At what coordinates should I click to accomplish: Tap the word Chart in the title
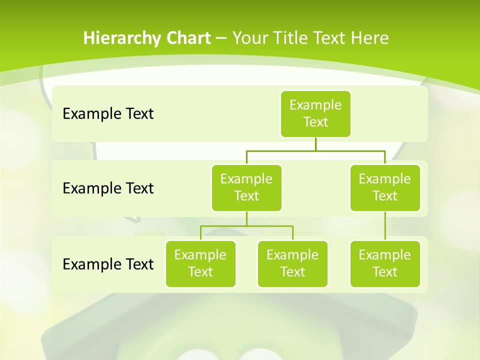[186, 38]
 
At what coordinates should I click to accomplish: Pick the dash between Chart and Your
[221, 38]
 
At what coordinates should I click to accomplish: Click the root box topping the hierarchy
[315, 113]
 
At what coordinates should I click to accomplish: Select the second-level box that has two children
[246, 187]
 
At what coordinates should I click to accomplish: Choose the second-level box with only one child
[385, 187]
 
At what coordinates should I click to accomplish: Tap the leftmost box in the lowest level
[200, 263]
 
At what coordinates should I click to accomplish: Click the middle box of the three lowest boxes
[292, 263]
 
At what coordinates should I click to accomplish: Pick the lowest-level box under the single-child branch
[385, 263]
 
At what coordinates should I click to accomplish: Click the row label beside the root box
[108, 113]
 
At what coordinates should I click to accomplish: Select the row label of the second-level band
[108, 188]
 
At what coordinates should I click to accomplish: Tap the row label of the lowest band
[108, 264]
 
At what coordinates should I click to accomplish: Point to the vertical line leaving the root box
[315, 144]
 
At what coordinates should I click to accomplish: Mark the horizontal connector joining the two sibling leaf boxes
[246, 226]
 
